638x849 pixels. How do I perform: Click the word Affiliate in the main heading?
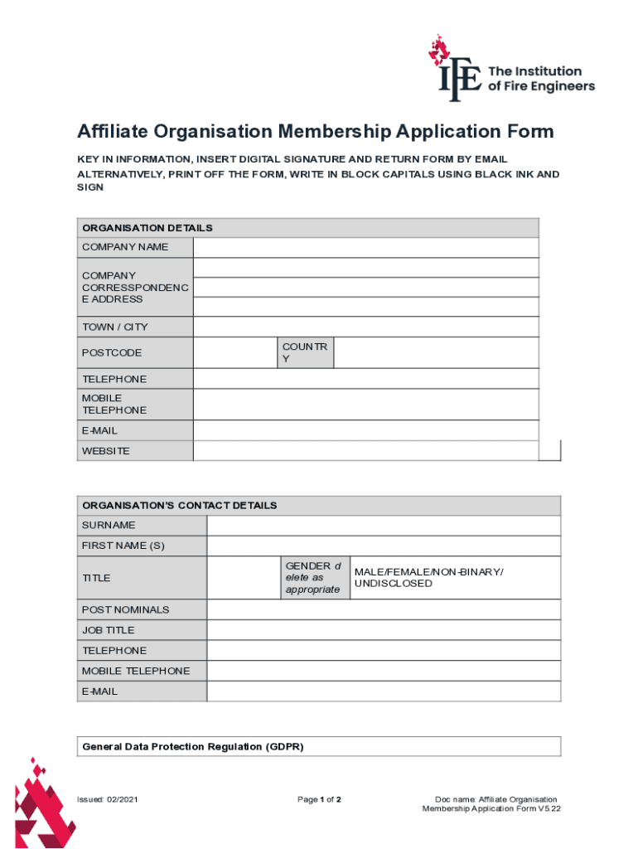[112, 132]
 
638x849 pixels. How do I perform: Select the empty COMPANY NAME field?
[365, 247]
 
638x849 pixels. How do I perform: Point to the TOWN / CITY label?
[115, 327]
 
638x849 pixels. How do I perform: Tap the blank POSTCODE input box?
[234, 352]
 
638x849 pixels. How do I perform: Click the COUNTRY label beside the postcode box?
[305, 352]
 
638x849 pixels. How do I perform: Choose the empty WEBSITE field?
[365, 451]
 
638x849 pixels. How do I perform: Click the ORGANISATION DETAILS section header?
[147, 227]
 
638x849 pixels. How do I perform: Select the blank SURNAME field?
[384, 526]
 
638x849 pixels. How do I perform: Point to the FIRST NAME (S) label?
[123, 546]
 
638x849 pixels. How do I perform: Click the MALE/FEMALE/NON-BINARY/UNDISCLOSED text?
[428, 578]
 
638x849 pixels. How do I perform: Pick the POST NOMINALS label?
[125, 609]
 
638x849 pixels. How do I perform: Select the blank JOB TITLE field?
[384, 630]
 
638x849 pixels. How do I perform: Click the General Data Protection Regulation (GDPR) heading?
[193, 746]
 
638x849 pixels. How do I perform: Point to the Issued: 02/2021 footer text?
[108, 799]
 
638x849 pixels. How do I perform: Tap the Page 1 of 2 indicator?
[320, 799]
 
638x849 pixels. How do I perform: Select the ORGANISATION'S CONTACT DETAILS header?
[179, 506]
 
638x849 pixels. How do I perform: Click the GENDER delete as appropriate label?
[312, 578]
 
